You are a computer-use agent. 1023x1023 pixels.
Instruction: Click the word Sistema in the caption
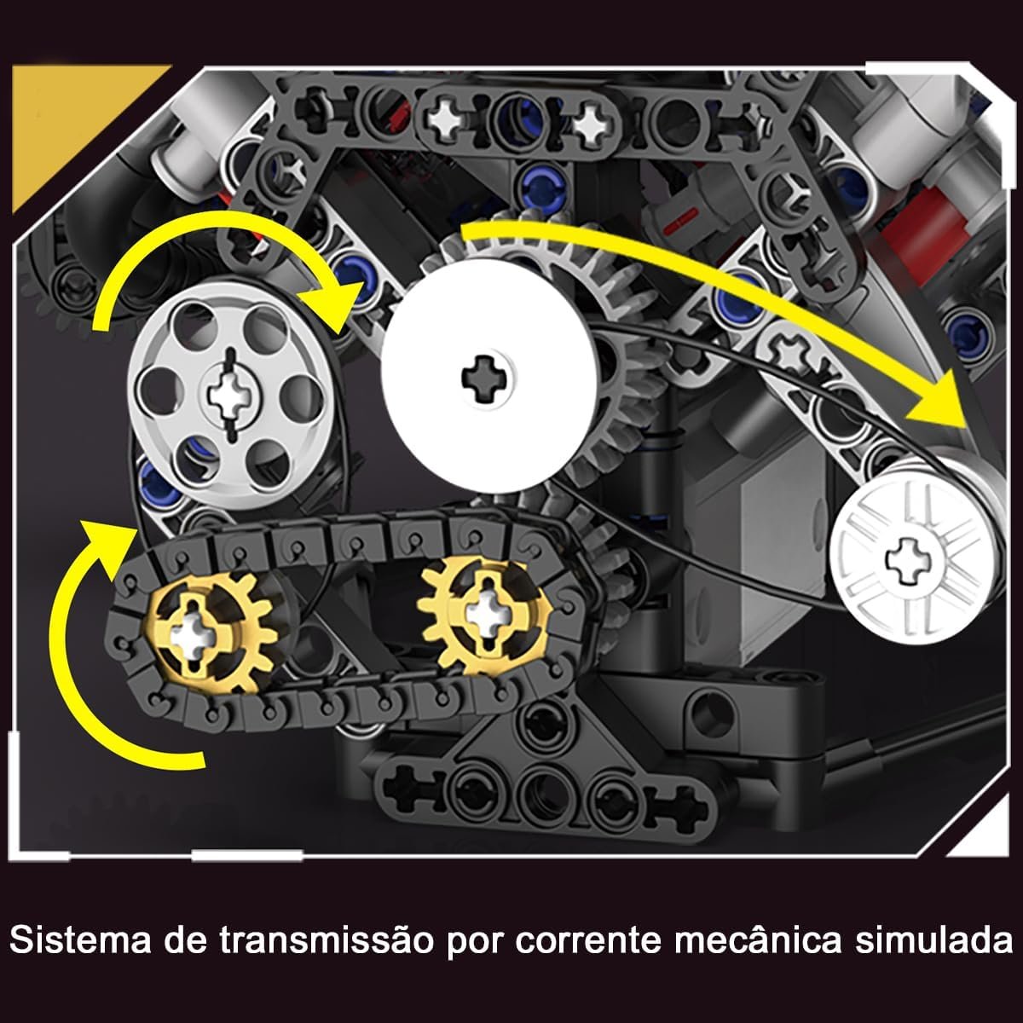pyautogui.click(x=79, y=940)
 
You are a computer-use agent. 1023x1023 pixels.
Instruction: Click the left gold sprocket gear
pyautogui.click(x=211, y=633)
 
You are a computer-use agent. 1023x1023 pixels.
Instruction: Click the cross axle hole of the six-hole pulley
pyautogui.click(x=228, y=396)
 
